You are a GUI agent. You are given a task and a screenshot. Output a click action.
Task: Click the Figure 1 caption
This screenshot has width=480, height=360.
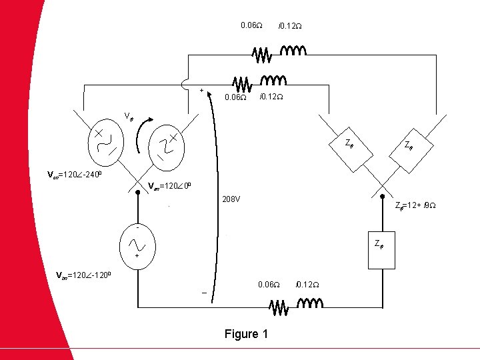(246, 334)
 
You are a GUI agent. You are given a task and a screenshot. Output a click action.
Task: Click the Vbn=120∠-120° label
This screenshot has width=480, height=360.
(87, 275)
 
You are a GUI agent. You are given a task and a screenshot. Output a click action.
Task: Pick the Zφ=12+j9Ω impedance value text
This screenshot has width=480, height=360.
(416, 205)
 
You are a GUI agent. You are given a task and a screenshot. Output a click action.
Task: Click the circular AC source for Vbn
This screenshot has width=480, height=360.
(137, 242)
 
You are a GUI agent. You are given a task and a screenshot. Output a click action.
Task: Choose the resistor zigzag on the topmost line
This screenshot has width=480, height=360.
(262, 53)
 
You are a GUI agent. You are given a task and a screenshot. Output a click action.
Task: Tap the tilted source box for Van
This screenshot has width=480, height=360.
(165, 147)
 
